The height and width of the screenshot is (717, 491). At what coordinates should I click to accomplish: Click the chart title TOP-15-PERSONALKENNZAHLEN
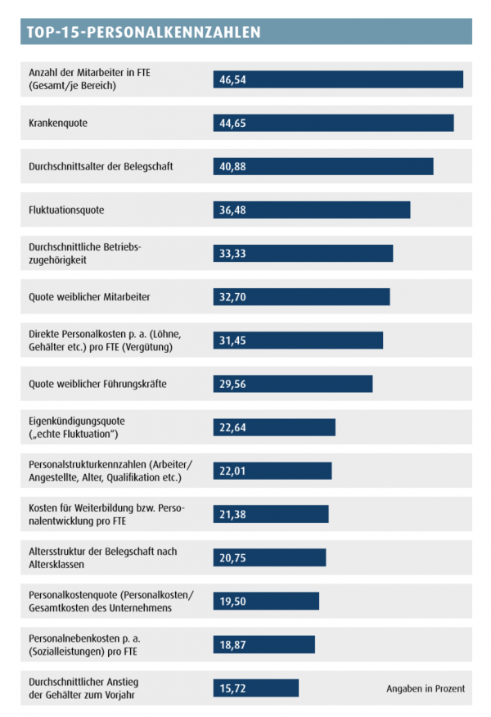[143, 32]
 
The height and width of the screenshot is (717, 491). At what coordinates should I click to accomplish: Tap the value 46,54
[233, 79]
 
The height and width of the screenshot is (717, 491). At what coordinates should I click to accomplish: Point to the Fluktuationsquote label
[66, 210]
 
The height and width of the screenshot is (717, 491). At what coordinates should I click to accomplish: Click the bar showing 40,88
[322, 166]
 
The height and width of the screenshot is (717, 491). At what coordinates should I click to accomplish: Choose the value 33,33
[233, 254]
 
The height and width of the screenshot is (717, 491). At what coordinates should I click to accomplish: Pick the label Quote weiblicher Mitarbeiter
[89, 296]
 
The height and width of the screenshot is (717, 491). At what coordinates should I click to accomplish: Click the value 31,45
[233, 340]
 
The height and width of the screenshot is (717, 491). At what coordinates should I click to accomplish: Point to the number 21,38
[233, 514]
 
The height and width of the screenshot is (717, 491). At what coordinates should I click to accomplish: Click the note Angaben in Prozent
[426, 688]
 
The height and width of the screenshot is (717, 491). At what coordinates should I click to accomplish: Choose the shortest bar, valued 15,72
[255, 688]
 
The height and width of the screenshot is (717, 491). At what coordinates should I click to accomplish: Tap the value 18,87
[233, 645]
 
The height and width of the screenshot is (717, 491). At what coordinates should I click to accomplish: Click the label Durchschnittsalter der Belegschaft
[101, 166]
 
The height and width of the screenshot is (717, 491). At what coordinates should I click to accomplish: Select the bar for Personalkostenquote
[265, 602]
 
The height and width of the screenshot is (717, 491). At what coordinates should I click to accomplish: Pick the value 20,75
[233, 557]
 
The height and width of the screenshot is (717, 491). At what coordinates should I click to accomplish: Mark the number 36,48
[233, 210]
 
